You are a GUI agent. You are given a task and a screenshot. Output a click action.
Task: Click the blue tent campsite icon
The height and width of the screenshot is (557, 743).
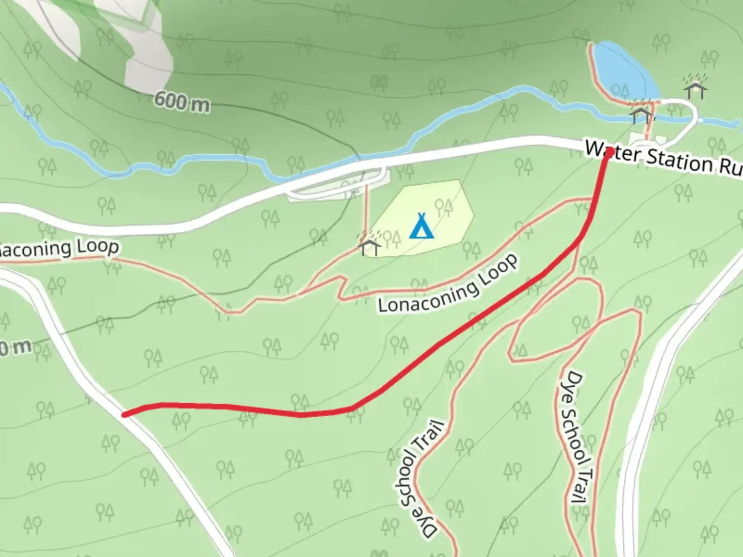point(421,226)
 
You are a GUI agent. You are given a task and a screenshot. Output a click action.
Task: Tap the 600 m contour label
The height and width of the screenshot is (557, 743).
point(182,101)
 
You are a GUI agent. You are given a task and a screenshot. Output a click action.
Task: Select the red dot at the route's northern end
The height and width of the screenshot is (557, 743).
point(609,152)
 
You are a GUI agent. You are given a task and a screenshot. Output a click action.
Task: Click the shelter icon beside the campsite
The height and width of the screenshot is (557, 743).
point(369,245)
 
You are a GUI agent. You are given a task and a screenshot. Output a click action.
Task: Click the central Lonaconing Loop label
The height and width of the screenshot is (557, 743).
point(448,285)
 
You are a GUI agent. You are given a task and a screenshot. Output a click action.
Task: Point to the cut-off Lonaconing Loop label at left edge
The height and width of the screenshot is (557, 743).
point(59,249)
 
